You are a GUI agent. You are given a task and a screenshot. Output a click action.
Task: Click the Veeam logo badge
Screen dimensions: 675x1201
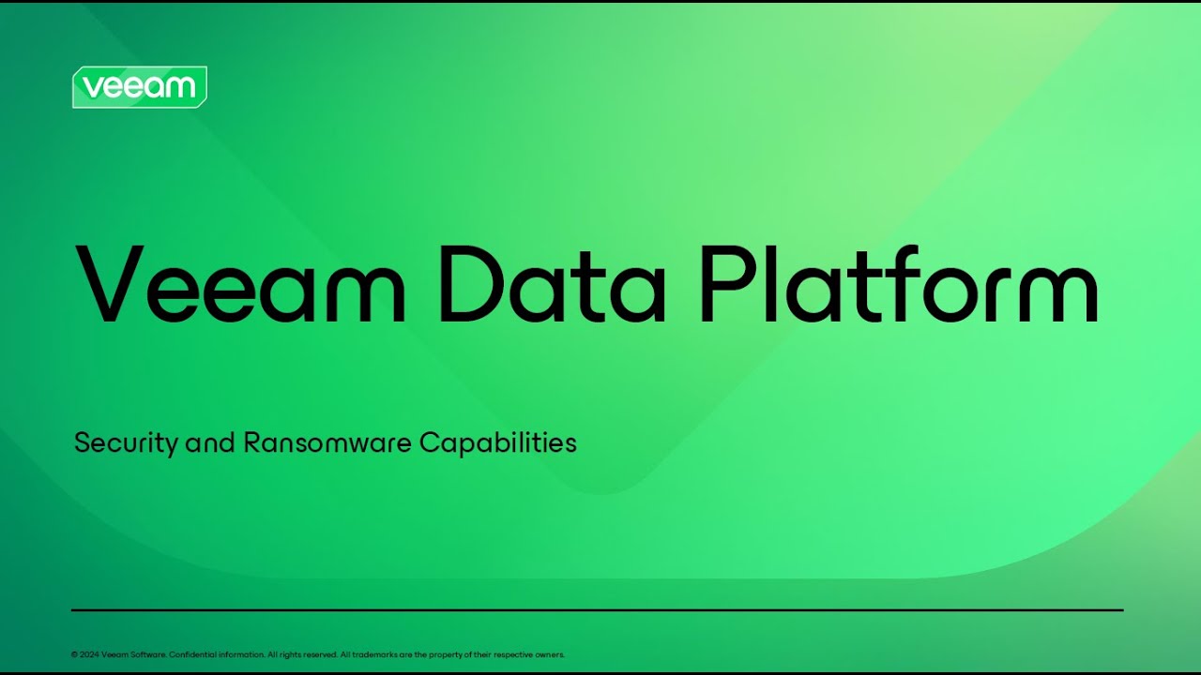pyautogui.click(x=139, y=87)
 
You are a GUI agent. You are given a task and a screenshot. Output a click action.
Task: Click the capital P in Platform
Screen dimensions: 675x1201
pyautogui.click(x=726, y=283)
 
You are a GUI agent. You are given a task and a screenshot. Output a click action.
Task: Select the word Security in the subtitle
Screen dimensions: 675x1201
pyautogui.click(x=126, y=443)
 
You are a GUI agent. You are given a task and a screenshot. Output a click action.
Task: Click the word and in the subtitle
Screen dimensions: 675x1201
pyautogui.click(x=210, y=442)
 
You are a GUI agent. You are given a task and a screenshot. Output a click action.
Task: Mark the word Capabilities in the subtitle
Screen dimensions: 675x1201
pyautogui.click(x=497, y=442)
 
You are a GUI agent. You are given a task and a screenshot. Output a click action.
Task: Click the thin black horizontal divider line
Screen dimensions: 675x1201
pyautogui.click(x=597, y=610)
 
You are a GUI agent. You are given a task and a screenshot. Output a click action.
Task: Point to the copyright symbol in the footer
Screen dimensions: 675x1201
pyautogui.click(x=74, y=655)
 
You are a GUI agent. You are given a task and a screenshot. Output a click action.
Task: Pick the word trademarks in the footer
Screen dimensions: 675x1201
pyautogui.click(x=371, y=655)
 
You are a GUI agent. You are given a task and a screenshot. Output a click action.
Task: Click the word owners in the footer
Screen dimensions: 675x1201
pyautogui.click(x=550, y=655)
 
